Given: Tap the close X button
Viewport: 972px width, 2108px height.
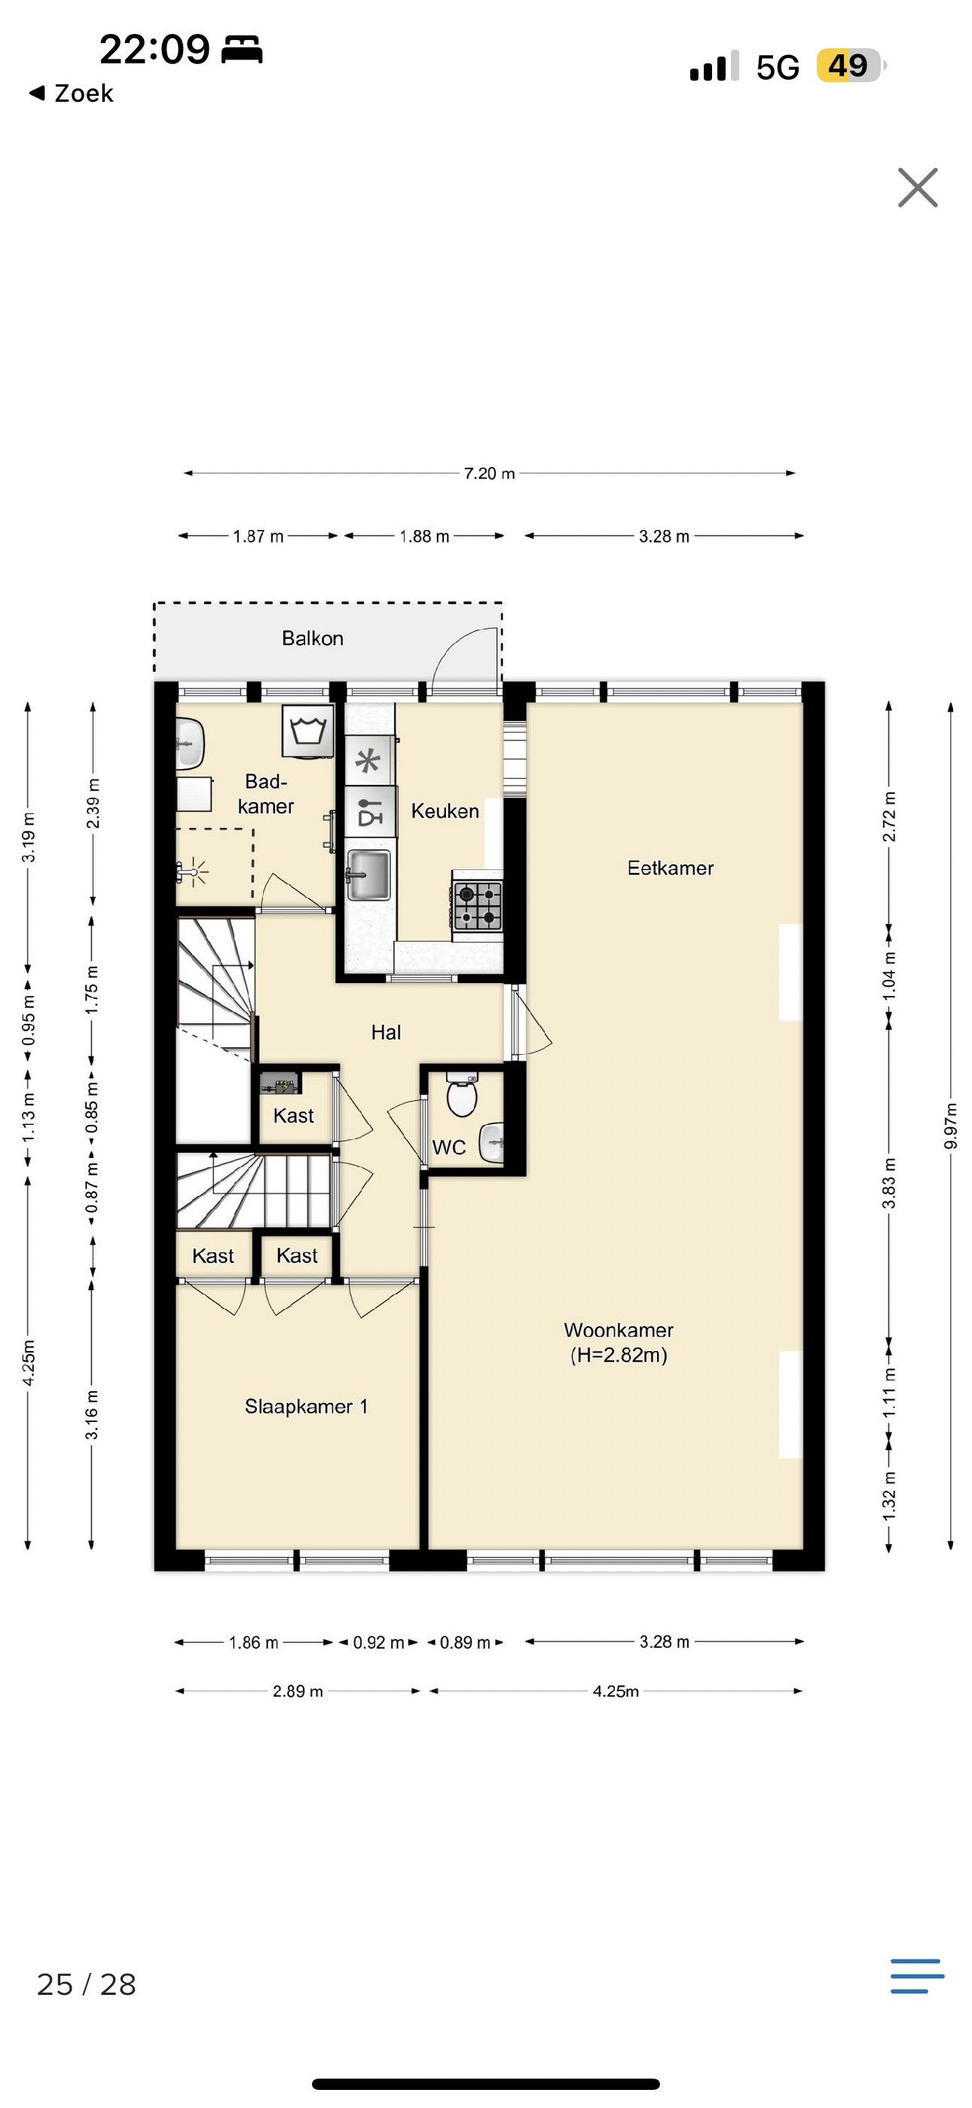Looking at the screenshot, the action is [917, 188].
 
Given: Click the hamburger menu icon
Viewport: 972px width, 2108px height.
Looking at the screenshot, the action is [917, 1976].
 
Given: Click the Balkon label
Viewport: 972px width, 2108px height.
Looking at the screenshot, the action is [313, 639].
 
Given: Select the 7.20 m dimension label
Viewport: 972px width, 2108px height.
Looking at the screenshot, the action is [489, 473].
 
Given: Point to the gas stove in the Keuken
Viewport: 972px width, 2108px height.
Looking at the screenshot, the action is [478, 905].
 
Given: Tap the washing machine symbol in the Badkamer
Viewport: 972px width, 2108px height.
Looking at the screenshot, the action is [308, 731].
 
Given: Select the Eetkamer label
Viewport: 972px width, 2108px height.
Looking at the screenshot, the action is [670, 869].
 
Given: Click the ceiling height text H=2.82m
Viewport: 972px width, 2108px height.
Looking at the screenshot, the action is [619, 1355].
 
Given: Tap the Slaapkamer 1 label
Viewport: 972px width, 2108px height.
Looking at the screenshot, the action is [306, 1407].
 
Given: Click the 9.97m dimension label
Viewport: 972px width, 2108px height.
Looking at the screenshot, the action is [950, 1126].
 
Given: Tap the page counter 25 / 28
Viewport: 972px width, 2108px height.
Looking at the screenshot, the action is [87, 1984].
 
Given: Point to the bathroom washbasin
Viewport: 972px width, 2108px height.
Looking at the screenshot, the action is [190, 744].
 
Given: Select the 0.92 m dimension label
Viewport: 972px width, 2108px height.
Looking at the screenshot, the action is [378, 1642].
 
